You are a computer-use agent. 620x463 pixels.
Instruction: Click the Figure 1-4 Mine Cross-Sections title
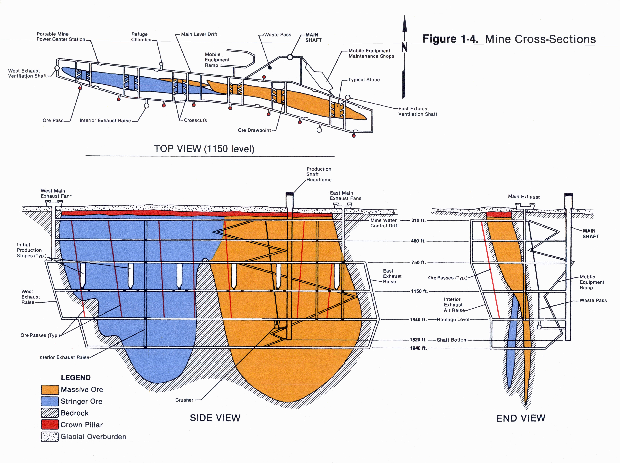point(509,39)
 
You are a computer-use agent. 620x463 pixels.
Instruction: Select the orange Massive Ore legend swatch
point(50,390)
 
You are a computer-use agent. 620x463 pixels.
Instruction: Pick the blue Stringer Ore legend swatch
point(50,401)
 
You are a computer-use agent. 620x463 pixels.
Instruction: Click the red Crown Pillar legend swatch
point(50,425)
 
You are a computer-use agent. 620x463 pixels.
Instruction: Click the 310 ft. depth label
point(418,220)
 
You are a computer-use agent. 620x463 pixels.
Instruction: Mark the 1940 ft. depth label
point(418,348)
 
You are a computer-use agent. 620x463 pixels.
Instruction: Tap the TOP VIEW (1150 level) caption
point(204,149)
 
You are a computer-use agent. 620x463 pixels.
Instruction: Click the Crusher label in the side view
point(184,400)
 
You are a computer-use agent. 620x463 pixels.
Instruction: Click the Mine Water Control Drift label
point(384,223)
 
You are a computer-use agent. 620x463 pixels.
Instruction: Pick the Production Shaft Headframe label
point(319,174)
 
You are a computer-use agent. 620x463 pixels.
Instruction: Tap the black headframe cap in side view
point(289,194)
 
